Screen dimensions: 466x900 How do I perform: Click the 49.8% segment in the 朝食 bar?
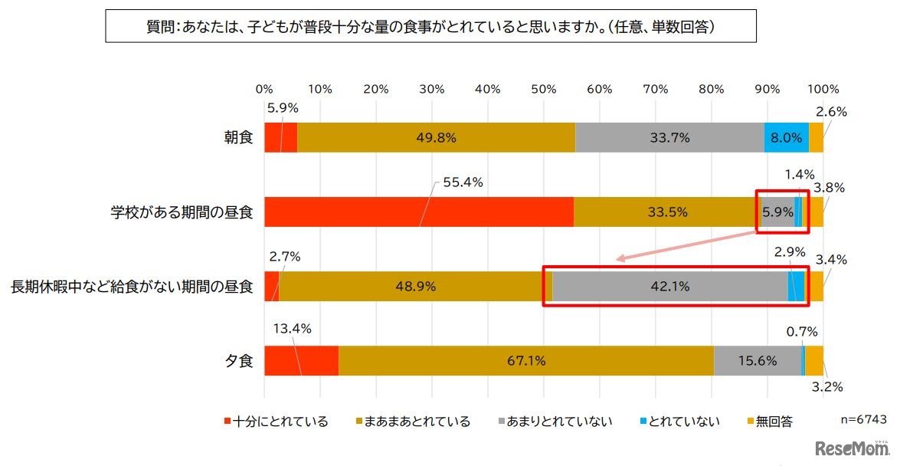435,138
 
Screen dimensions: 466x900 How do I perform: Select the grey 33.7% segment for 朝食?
669,138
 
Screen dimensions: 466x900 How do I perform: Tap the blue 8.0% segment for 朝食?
787,138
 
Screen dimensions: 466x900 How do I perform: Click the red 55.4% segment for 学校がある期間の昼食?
419,212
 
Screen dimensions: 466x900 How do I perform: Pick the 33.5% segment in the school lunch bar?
665,212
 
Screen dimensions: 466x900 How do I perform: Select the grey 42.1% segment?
669,287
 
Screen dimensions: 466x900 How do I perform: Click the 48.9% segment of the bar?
414,287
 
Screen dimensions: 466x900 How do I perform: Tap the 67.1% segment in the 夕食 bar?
525,361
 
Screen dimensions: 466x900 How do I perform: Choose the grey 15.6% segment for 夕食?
757,361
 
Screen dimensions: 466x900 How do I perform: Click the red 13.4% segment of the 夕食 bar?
302,361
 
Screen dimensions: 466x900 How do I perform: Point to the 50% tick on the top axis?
544,88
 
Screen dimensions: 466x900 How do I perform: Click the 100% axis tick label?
823,88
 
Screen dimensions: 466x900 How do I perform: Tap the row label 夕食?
240,361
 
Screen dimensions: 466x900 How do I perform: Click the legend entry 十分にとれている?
277,421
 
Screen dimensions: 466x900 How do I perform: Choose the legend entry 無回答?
772,421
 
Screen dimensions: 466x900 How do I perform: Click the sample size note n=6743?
863,420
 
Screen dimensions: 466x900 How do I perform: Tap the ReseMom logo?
852,448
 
